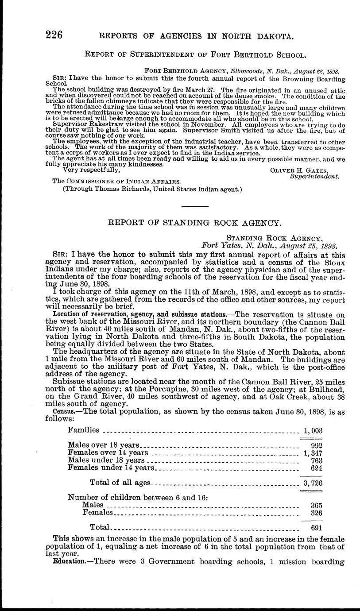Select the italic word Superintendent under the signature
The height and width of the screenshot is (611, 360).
click(x=314, y=177)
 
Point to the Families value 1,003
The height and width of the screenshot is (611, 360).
click(x=313, y=430)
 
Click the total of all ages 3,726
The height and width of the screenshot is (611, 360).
click(x=313, y=483)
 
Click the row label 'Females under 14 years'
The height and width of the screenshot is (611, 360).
click(x=111, y=468)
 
